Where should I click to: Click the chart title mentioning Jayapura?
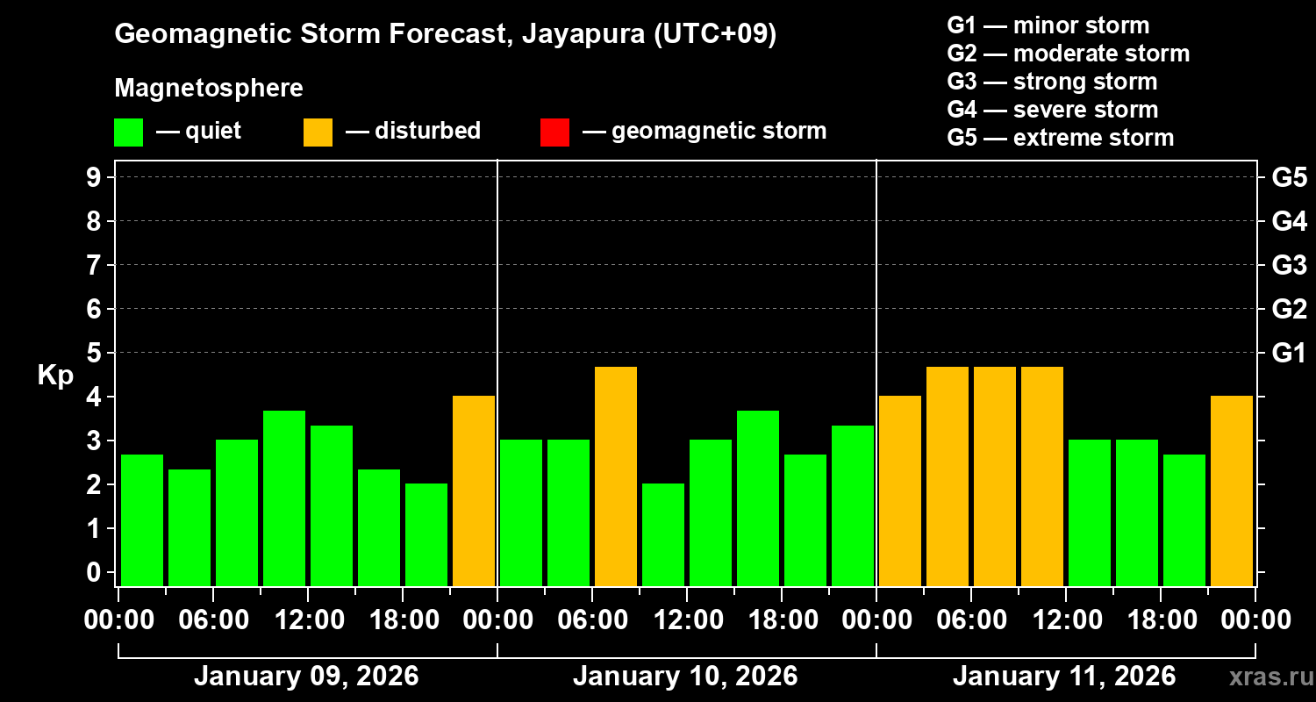pos(446,34)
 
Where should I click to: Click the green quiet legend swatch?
pos(128,132)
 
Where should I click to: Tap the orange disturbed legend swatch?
pos(318,132)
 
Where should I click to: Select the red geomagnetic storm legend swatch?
pos(554,132)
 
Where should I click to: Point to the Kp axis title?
pos(55,376)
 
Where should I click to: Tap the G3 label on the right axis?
pos(1289,265)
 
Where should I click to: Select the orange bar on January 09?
pos(474,491)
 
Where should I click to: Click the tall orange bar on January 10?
pos(616,476)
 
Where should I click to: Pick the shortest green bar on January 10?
pos(663,534)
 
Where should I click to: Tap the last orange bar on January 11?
pos(1232,491)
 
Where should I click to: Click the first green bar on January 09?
pos(142,519)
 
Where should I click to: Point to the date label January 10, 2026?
pos(685,677)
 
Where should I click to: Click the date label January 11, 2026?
pos(1064,677)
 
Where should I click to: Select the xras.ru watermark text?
pos(1268,677)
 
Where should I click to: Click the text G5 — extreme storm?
pos(1061,138)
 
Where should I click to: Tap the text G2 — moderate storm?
pos(1069,54)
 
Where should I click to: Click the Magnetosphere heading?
pos(209,89)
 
